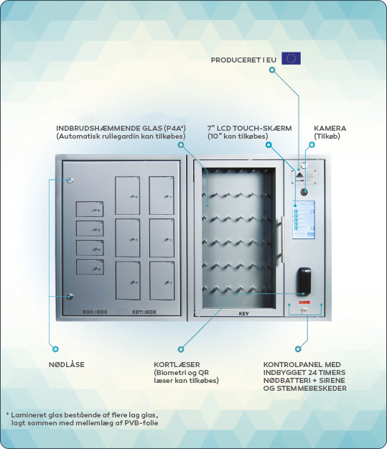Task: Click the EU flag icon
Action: [x=291, y=58]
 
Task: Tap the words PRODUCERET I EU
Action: [x=243, y=60]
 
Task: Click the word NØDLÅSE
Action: [x=66, y=364]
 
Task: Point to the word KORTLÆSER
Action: [x=177, y=364]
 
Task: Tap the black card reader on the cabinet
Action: [x=304, y=281]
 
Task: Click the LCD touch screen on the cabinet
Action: [x=304, y=220]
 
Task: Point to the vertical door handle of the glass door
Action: [x=282, y=239]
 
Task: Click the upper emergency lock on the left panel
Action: [x=70, y=180]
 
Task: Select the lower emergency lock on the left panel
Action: [x=70, y=297]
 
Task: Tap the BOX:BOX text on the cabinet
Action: [x=95, y=312]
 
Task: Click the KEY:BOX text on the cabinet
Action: [x=144, y=312]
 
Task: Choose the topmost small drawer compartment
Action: [x=90, y=209]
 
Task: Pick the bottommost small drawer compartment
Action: [x=90, y=267]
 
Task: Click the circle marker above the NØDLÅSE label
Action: [x=55, y=349]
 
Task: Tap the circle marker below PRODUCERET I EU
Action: [x=272, y=70]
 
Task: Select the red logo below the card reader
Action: [x=304, y=302]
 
